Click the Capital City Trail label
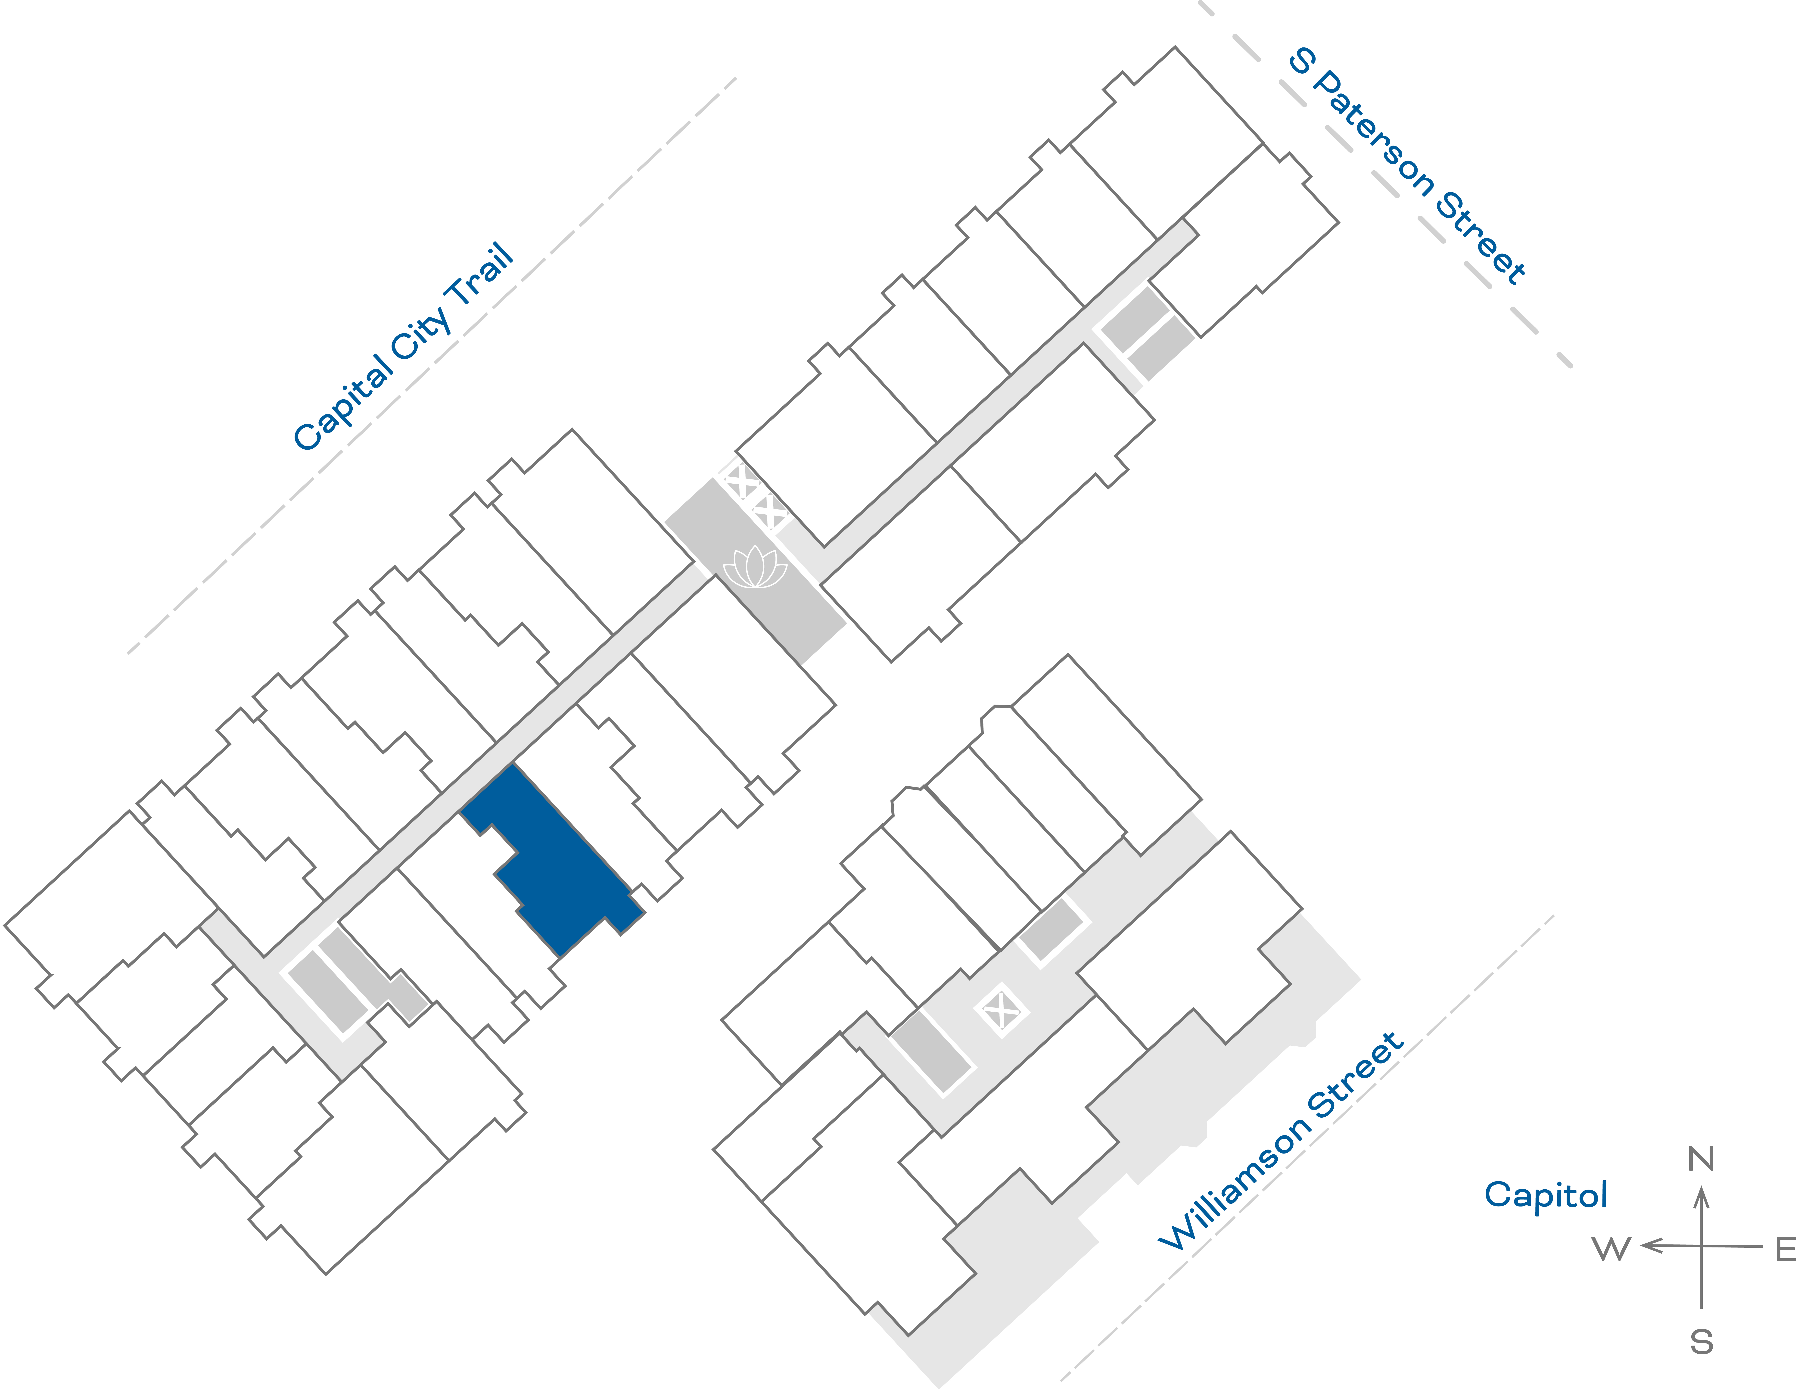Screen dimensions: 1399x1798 point(403,348)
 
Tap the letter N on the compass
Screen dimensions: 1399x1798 point(1701,1159)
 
